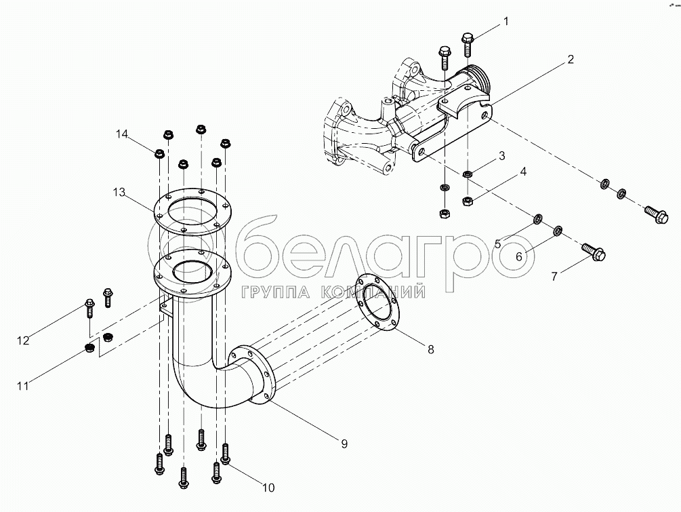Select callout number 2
tap(570, 60)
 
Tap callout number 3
tap(501, 156)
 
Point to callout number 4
tap(522, 173)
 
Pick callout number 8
tap(430, 350)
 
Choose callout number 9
tap(344, 444)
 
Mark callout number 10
tap(268, 487)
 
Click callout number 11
tap(23, 386)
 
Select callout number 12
tap(23, 340)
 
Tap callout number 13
tap(119, 193)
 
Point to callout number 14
tap(121, 134)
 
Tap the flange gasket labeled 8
tap(378, 305)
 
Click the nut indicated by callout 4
tap(467, 200)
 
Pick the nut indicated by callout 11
tap(89, 349)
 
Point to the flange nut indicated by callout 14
tap(157, 154)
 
